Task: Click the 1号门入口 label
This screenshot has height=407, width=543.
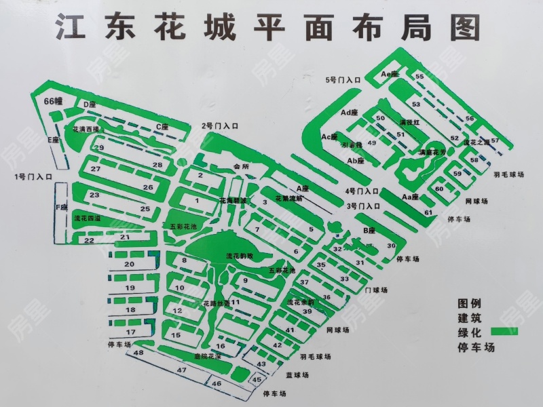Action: click(x=34, y=177)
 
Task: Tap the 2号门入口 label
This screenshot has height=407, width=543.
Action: click(x=220, y=125)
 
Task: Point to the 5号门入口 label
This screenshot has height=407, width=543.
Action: click(x=343, y=80)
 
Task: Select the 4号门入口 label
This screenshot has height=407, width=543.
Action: click(x=362, y=191)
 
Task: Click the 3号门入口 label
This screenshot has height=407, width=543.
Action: click(x=362, y=206)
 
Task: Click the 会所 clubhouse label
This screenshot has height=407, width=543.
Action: click(x=241, y=166)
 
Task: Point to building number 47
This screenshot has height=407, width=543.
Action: click(x=181, y=370)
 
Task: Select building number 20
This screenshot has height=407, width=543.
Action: click(x=129, y=263)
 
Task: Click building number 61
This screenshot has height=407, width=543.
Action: click(x=428, y=213)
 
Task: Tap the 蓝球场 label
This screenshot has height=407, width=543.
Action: click(x=297, y=374)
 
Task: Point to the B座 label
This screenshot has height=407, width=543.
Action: click(x=369, y=231)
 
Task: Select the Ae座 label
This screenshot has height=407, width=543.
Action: click(x=390, y=73)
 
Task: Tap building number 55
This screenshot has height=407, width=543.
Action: click(x=419, y=77)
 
